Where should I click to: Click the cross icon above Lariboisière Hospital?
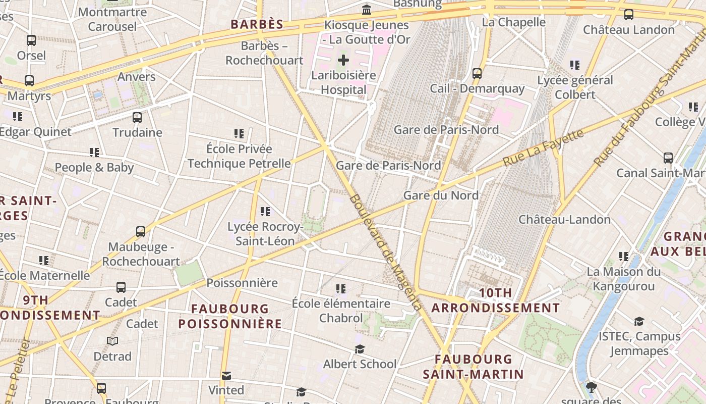pyautogui.click(x=343, y=61)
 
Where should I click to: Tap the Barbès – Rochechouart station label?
pyautogui.click(x=264, y=53)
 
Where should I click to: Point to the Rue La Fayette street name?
pyautogui.click(x=544, y=147)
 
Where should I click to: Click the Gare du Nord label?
pyautogui.click(x=441, y=195)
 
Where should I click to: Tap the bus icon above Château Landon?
pyautogui.click(x=628, y=15)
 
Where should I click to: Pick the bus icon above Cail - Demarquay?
pyautogui.click(x=477, y=74)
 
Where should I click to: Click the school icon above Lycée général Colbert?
pyautogui.click(x=574, y=65)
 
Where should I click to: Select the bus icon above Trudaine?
pyautogui.click(x=137, y=118)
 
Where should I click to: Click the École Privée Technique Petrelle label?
pyautogui.click(x=239, y=156)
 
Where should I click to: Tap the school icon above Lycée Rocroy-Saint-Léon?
pyautogui.click(x=265, y=212)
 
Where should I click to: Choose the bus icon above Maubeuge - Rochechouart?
pyautogui.click(x=141, y=232)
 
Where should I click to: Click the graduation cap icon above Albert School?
pyautogui.click(x=360, y=349)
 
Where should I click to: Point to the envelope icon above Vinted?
pyautogui.click(x=226, y=376)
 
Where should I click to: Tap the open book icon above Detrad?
pyautogui.click(x=112, y=341)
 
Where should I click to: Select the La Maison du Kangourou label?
pyautogui.click(x=623, y=279)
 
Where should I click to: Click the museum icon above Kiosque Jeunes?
pyautogui.click(x=367, y=10)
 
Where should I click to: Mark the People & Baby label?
pyautogui.click(x=94, y=167)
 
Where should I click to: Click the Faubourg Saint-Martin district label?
pyautogui.click(x=473, y=367)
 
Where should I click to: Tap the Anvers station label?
pyautogui.click(x=136, y=77)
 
